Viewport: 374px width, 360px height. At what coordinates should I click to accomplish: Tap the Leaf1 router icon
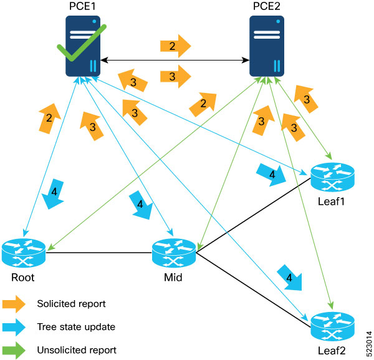[332, 177]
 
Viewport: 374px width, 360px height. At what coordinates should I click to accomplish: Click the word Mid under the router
[173, 278]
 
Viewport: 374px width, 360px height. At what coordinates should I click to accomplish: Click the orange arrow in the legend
[14, 304]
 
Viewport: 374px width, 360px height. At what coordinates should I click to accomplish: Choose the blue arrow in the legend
[14, 327]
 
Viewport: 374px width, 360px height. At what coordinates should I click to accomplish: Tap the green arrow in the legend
[14, 349]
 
